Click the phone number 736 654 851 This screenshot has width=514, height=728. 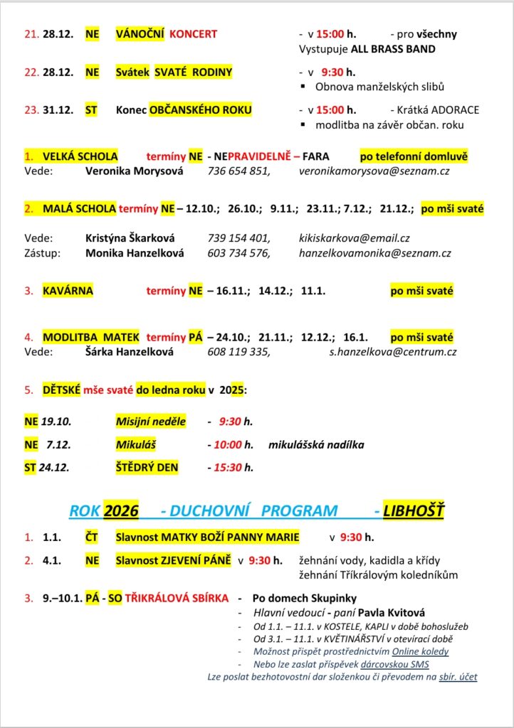238,171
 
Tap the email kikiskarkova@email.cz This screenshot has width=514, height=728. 354,238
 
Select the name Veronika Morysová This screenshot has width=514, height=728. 134,171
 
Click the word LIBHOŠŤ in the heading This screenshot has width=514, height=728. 415,510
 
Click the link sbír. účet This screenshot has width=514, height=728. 458,677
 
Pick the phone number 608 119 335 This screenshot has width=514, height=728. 238,351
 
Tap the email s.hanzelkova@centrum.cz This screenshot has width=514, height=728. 393,351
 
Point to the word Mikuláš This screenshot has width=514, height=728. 136,445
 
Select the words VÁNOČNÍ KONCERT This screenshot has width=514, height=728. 167,34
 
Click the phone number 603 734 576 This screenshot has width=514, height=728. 238,253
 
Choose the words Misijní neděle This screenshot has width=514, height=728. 151,422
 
